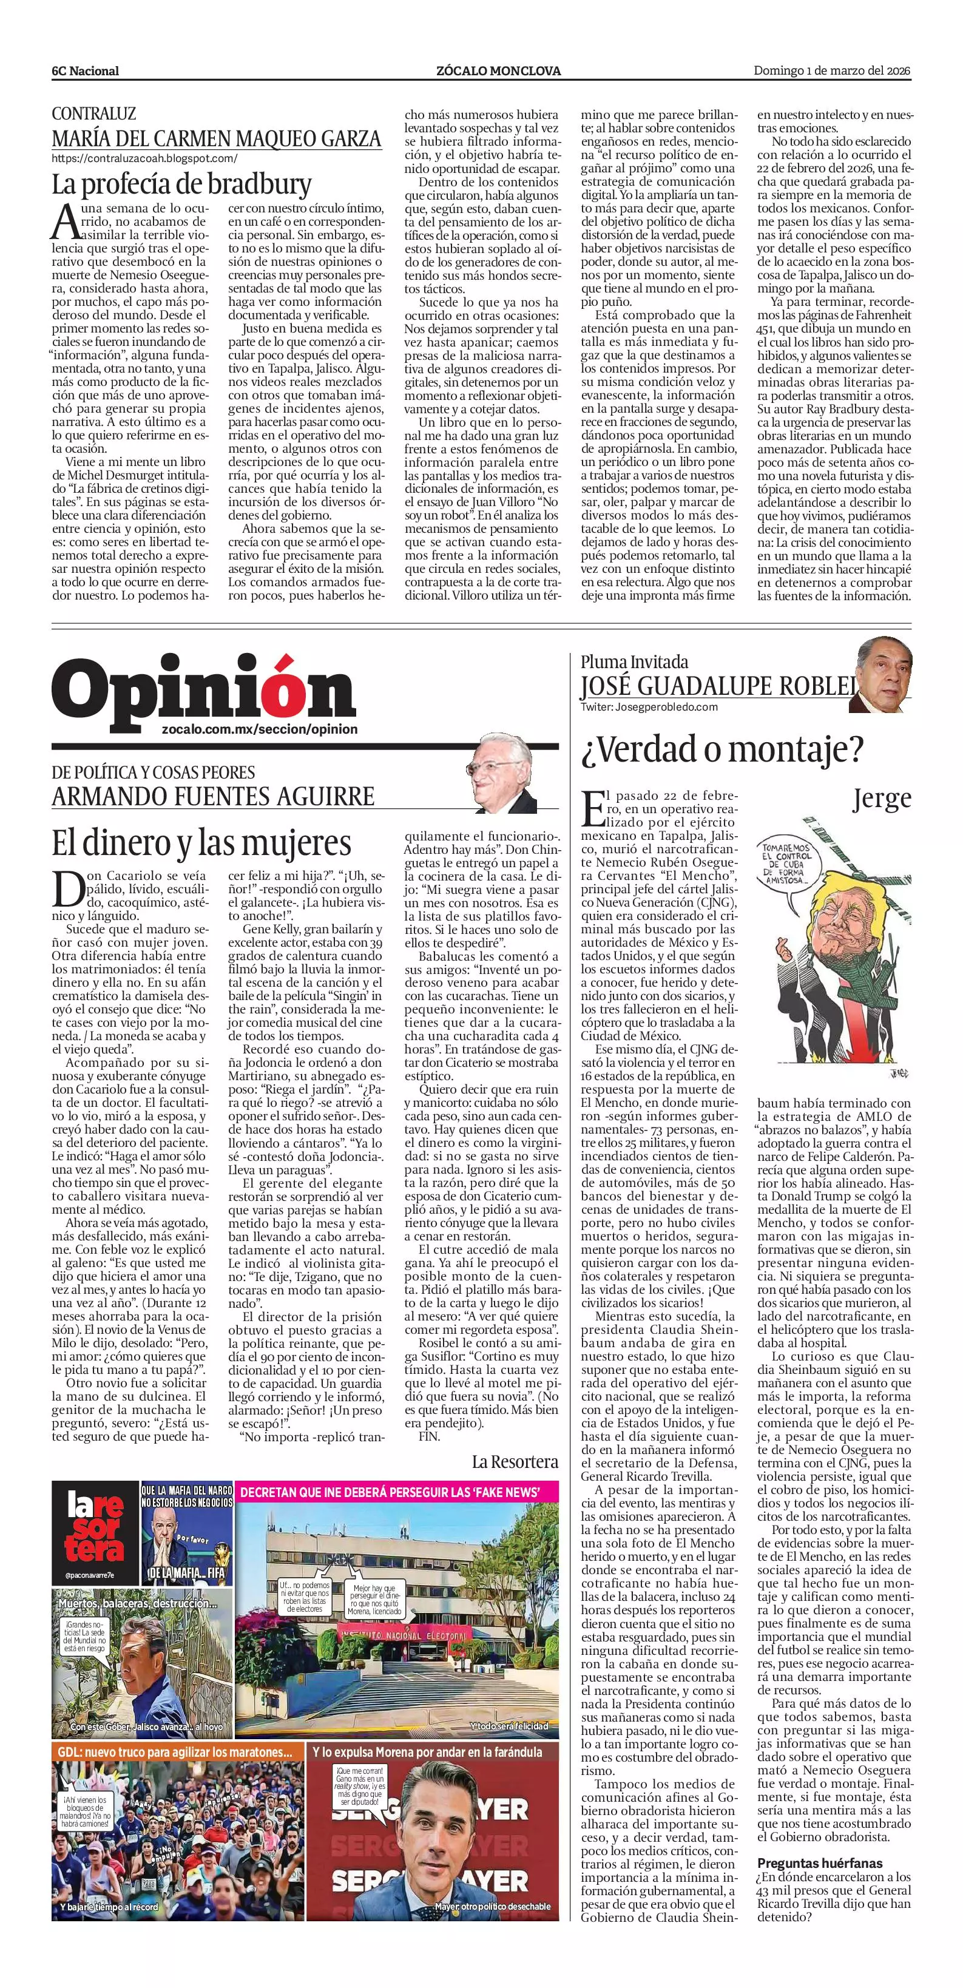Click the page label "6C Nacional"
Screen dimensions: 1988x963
point(85,71)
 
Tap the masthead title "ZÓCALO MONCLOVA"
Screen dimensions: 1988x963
point(498,71)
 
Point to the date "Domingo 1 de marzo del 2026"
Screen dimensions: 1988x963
point(832,71)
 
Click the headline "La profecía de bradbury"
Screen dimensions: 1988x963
point(181,184)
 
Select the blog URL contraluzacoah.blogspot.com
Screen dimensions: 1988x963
point(144,158)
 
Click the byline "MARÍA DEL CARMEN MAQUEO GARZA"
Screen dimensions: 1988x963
point(216,138)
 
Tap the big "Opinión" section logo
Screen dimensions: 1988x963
point(204,689)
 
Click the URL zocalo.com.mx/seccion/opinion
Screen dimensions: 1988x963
point(260,729)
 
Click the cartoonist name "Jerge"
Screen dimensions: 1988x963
point(881,798)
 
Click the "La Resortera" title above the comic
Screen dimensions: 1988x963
point(515,1462)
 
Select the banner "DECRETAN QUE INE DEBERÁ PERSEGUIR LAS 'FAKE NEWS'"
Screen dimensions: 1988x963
point(389,1493)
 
